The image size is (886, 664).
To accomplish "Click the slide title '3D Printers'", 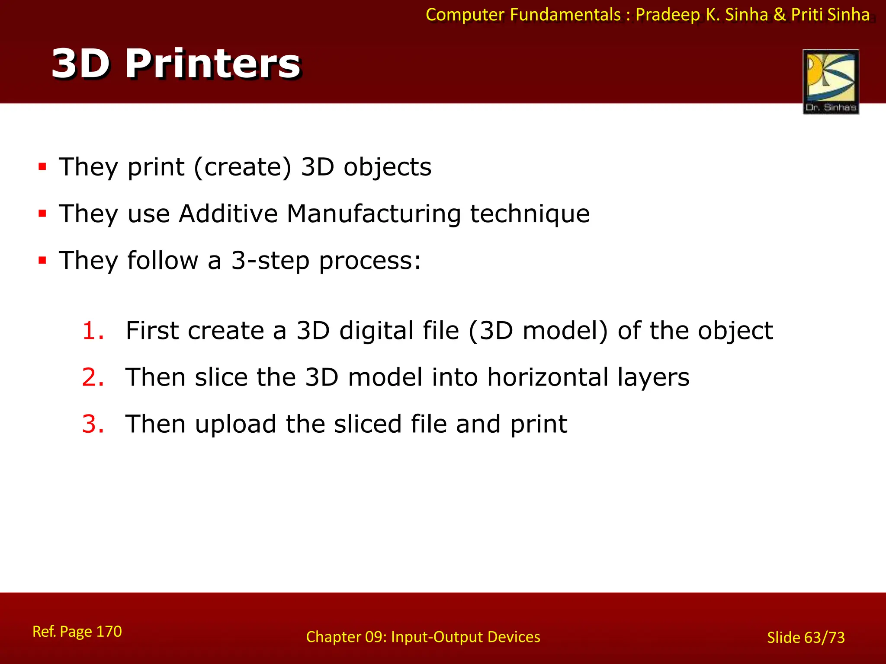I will [x=176, y=64].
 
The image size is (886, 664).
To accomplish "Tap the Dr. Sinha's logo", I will [x=831, y=82].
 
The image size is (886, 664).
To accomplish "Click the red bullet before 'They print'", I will [x=42, y=167].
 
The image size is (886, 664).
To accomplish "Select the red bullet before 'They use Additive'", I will [x=42, y=214].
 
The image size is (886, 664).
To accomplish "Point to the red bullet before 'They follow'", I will [x=42, y=260].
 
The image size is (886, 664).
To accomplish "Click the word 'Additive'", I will [x=228, y=214].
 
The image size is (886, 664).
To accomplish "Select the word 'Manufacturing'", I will [x=373, y=214].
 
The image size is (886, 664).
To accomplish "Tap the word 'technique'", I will [x=530, y=214].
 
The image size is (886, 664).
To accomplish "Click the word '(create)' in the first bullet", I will [x=243, y=167].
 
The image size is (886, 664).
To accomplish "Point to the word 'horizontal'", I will [x=547, y=377].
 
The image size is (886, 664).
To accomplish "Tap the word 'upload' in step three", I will [x=235, y=425].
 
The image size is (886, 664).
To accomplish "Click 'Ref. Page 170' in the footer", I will [x=77, y=632].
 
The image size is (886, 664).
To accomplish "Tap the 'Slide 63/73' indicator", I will [x=806, y=638].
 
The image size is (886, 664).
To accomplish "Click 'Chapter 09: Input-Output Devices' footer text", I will [x=423, y=637].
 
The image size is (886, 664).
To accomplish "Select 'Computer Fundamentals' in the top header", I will [x=523, y=15].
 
